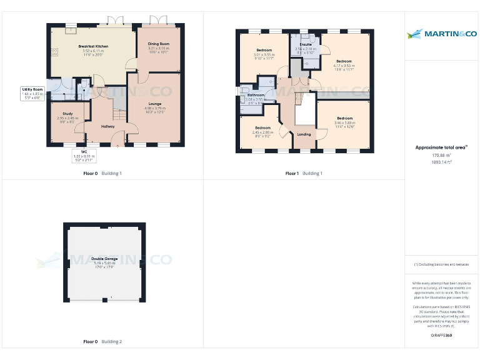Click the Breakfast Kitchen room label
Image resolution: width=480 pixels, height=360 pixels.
93,46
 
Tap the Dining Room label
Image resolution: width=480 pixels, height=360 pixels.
159,44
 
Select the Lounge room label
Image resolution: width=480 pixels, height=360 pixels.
155,103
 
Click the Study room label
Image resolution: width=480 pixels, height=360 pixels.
67,114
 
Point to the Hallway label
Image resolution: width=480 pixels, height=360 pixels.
107,126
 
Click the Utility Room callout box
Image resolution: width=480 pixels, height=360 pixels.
34,94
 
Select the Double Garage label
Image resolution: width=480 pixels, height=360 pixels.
104,259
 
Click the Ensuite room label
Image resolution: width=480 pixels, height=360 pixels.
306,45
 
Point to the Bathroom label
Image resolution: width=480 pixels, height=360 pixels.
256,95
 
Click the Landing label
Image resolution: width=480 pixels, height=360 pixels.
304,134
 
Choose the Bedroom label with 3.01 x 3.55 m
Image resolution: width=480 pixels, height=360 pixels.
264,50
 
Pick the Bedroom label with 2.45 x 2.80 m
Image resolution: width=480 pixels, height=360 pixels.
263,127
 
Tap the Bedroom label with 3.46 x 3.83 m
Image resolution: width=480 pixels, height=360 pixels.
344,118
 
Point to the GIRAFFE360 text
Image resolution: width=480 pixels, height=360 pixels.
441,336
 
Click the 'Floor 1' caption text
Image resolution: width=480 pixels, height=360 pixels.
292,173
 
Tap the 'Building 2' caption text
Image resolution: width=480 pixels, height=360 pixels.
112,342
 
